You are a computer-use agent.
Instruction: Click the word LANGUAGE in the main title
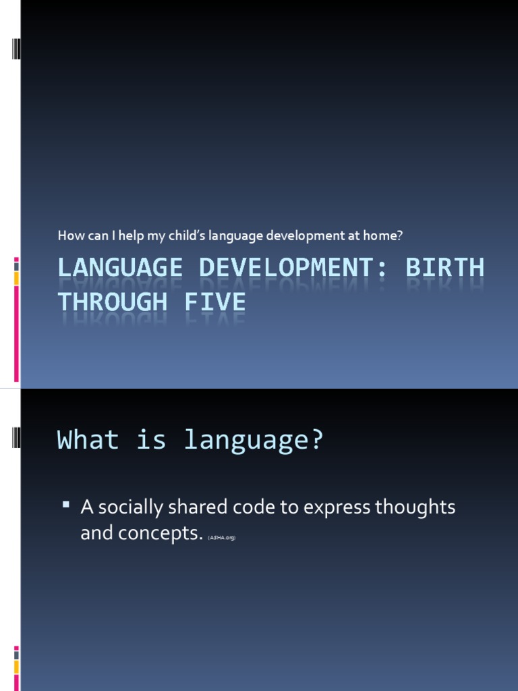point(119,268)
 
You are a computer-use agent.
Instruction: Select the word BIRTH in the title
point(445,268)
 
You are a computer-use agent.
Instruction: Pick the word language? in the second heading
point(254,440)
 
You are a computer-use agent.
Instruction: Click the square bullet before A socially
point(66,504)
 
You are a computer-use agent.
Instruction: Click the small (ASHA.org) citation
point(222,537)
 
